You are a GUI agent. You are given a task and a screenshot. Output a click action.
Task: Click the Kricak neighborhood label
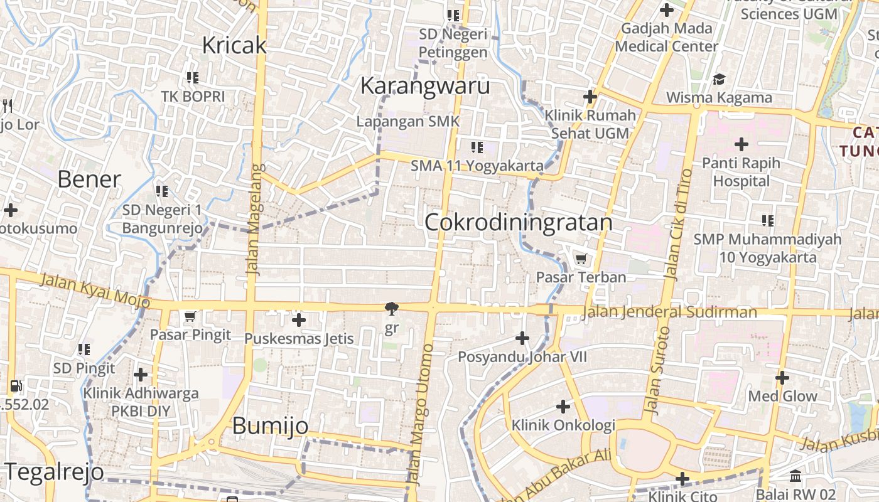click(234, 45)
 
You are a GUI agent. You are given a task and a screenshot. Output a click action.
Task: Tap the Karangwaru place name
click(424, 85)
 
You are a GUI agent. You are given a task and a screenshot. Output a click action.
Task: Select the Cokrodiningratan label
click(519, 222)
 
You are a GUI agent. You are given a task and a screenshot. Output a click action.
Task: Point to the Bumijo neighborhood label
click(270, 425)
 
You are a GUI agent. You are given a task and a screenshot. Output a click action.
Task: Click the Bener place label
click(89, 179)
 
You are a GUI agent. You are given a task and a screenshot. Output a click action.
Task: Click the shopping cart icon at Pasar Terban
click(581, 259)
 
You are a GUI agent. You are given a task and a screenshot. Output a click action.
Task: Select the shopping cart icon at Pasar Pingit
click(190, 316)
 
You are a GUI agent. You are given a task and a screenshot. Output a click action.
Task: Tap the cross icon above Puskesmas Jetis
click(299, 320)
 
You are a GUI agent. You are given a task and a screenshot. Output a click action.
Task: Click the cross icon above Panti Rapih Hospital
click(741, 144)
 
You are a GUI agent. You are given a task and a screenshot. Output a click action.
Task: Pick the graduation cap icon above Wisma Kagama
click(719, 79)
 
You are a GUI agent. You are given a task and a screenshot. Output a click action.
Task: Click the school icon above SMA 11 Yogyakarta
click(477, 147)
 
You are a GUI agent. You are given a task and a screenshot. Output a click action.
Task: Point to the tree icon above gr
click(392, 308)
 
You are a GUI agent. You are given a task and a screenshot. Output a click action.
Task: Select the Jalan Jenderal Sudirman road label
click(669, 312)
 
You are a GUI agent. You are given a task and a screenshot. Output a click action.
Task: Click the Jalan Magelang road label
click(253, 220)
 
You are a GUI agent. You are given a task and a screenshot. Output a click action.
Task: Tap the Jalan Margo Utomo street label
click(419, 414)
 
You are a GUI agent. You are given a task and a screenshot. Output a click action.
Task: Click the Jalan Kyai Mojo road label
click(95, 291)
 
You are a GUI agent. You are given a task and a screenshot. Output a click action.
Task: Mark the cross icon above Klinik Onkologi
click(563, 407)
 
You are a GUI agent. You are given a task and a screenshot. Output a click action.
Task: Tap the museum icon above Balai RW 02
click(795, 476)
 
